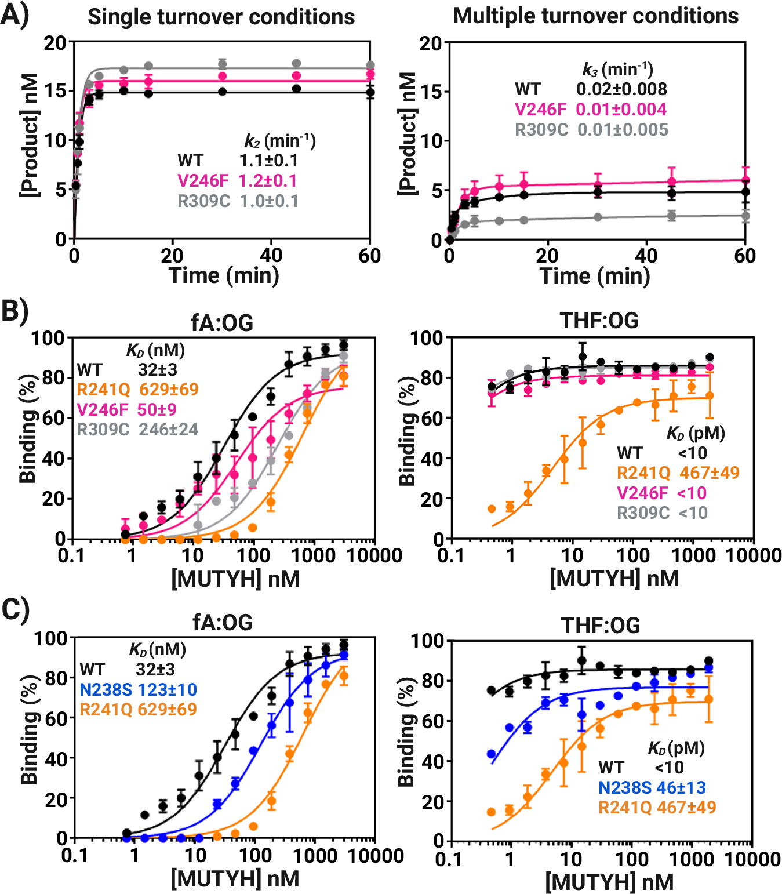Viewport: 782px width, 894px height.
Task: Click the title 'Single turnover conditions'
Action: pyautogui.click(x=221, y=17)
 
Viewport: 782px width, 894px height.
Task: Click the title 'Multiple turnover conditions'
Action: pyautogui.click(x=595, y=16)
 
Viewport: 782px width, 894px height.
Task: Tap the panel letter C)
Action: pyautogui.click(x=14, y=610)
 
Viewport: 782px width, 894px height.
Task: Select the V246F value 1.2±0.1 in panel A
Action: pyautogui.click(x=267, y=181)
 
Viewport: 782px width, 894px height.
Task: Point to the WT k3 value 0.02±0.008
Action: pyautogui.click(x=621, y=89)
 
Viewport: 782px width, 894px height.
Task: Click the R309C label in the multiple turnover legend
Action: pyautogui.click(x=541, y=129)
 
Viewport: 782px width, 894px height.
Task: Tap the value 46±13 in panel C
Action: pyautogui.click(x=681, y=787)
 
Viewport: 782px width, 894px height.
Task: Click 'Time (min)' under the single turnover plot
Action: pyautogui.click(x=224, y=275)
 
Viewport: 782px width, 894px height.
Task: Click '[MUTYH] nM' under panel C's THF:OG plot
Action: pyautogui.click(x=609, y=882)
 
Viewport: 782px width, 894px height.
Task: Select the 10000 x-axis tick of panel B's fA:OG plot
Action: pyautogui.click(x=374, y=555)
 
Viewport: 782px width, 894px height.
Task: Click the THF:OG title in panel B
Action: pyautogui.click(x=599, y=320)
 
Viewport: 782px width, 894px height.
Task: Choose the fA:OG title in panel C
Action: pyautogui.click(x=223, y=622)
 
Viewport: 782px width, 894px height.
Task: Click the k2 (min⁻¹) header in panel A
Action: pyautogui.click(x=279, y=141)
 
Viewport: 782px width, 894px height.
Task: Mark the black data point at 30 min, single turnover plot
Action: pyautogui.click(x=222, y=92)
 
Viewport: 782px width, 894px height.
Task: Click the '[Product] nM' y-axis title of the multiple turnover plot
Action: pyautogui.click(x=408, y=135)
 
